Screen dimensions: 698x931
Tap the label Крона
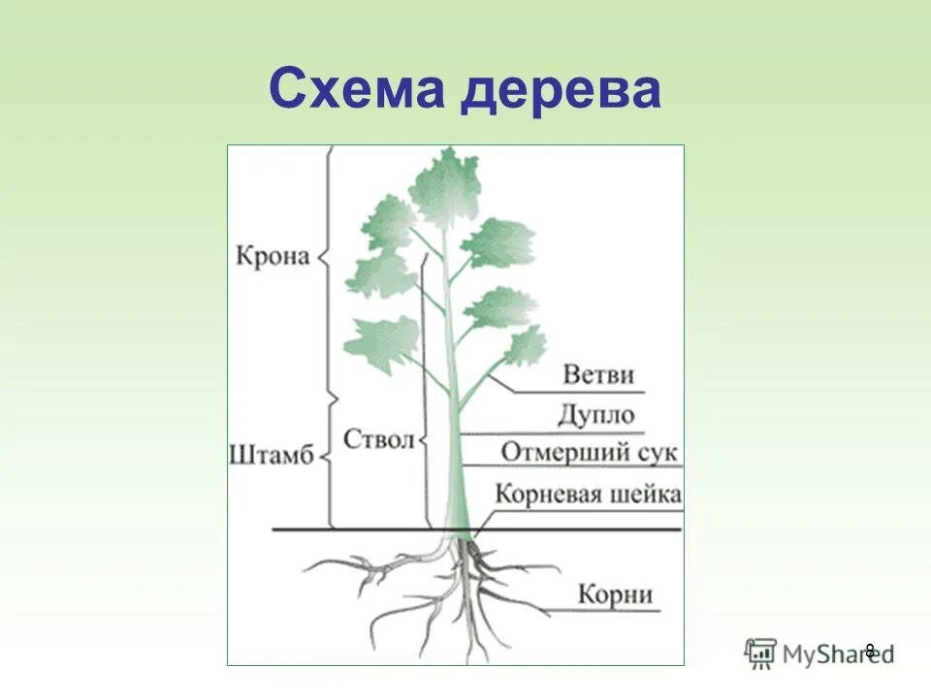(273, 258)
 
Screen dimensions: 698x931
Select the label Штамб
(273, 455)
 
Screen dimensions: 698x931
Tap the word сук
(655, 453)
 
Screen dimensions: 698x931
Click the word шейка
(648, 493)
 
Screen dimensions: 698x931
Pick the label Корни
(615, 593)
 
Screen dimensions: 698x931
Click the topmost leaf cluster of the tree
(445, 184)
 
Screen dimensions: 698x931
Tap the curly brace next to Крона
(327, 258)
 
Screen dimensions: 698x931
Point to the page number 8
(870, 650)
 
